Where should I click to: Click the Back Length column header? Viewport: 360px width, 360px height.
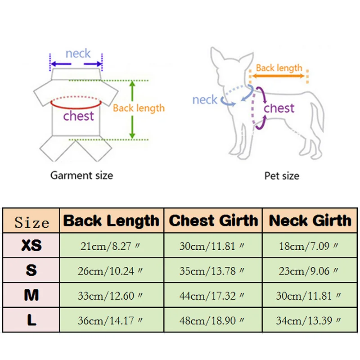(x=111, y=221)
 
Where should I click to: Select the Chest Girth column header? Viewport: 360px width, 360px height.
(x=213, y=221)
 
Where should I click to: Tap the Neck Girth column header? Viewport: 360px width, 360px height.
(x=310, y=221)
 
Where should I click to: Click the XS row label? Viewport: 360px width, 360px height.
(x=31, y=246)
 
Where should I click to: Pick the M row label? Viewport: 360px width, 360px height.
(x=31, y=295)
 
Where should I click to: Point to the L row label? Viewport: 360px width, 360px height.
(x=31, y=320)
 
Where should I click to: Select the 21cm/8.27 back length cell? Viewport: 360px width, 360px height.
(x=111, y=246)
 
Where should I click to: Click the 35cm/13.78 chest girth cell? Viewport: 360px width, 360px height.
(x=213, y=271)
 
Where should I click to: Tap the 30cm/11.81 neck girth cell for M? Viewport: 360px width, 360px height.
(x=310, y=296)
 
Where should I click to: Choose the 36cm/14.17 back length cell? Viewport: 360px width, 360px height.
(x=111, y=320)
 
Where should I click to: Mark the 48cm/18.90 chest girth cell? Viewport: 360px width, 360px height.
(x=213, y=320)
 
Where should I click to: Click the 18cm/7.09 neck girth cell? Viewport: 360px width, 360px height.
(x=310, y=246)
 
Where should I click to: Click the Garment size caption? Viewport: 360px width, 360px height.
(x=81, y=175)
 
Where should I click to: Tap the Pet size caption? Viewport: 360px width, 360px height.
(x=282, y=175)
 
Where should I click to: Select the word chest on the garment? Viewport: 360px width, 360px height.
(x=78, y=116)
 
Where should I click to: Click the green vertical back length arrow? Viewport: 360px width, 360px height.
(x=132, y=109)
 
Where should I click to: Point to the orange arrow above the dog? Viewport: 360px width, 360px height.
(x=279, y=76)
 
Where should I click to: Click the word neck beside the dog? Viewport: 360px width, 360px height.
(x=205, y=99)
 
